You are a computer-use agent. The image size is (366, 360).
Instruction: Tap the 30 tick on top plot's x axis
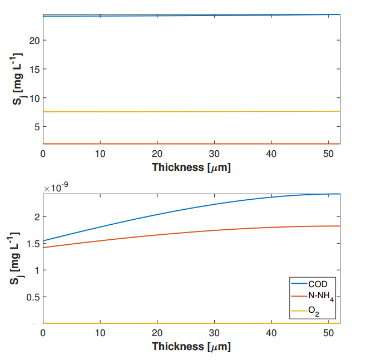point(214,153)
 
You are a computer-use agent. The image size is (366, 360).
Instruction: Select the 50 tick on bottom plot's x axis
point(328,333)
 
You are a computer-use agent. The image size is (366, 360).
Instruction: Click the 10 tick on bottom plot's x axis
point(100,333)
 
